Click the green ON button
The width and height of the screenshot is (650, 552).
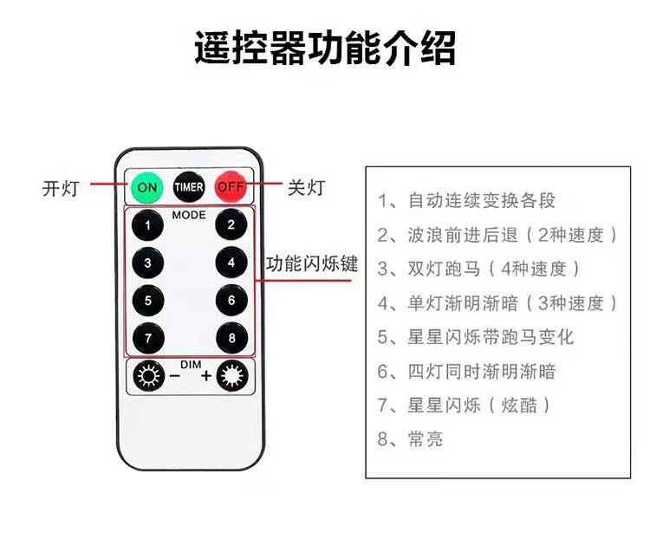[x=147, y=186]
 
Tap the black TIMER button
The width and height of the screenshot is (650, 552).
[x=189, y=186]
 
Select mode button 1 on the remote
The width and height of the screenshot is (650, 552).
[x=148, y=225]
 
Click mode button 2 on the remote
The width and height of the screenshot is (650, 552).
[x=231, y=225]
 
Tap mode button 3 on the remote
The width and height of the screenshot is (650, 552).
[x=148, y=263]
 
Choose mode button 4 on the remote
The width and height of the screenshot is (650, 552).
[x=231, y=263]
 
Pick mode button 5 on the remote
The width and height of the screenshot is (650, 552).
[x=148, y=300]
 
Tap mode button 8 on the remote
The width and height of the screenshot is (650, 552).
[x=231, y=336]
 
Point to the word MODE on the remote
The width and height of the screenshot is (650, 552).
[x=189, y=214]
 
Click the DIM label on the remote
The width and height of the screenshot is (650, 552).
[x=190, y=363]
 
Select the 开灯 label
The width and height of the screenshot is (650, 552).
[x=61, y=187]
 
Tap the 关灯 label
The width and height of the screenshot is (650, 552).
[x=306, y=186]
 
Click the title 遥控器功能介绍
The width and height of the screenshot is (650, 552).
[x=325, y=49]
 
